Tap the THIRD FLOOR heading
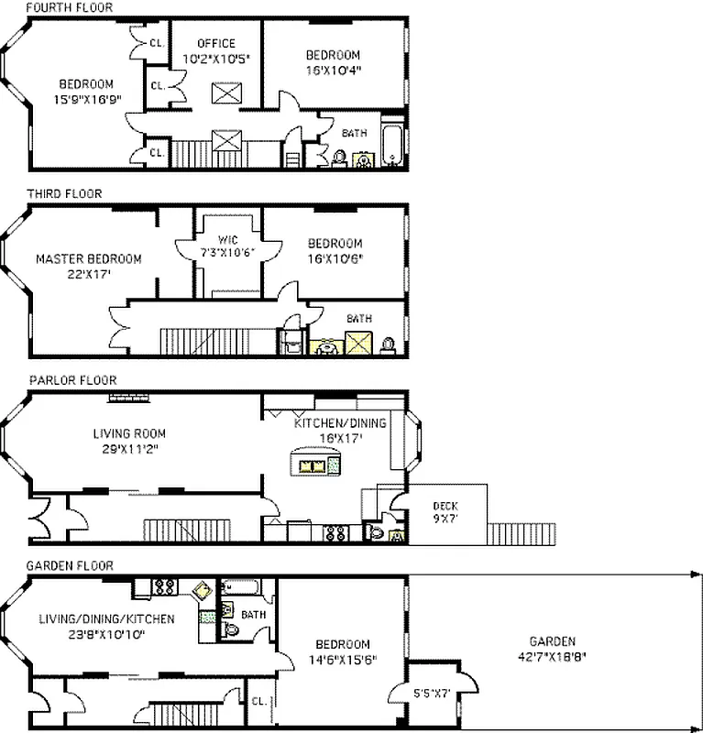tap(64, 193)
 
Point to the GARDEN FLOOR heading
tap(70, 565)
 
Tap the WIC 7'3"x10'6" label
tap(226, 246)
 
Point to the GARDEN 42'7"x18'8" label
tap(552, 648)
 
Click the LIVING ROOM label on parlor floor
tap(135, 441)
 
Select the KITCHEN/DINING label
tap(340, 431)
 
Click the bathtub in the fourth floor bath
tap(392, 146)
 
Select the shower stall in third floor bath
tap(356, 345)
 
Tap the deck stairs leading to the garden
tap(522, 532)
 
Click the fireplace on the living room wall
tap(127, 397)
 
